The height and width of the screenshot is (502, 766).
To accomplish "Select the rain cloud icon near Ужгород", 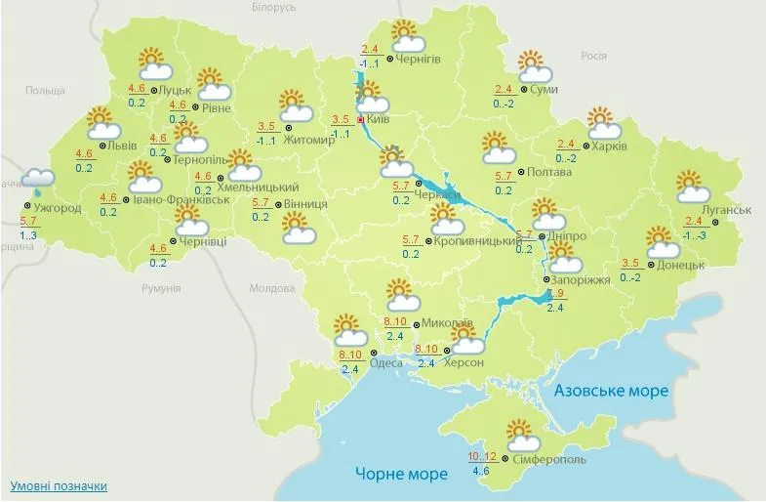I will tap(37, 179).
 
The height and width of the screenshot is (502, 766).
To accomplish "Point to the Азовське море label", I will tap(611, 391).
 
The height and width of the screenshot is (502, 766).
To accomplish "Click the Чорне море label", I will tap(401, 475).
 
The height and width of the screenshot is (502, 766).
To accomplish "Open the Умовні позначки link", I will tap(59, 485).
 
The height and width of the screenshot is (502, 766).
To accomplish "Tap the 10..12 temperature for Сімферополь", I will tap(482, 455).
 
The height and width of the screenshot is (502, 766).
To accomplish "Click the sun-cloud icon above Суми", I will tap(534, 67).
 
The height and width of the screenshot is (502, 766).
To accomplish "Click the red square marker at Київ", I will tap(360, 119).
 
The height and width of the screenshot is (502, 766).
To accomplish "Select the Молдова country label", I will tap(271, 289).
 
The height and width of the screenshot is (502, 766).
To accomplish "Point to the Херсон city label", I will tap(464, 362).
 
